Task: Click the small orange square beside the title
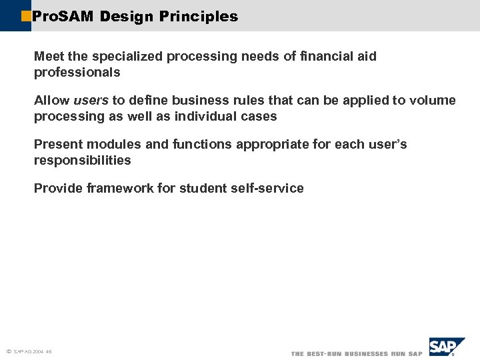[26, 15]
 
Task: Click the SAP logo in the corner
[446, 347]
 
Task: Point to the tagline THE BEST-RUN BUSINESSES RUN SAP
[357, 353]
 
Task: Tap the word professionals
[77, 72]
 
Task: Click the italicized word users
[91, 101]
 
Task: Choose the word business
[199, 101]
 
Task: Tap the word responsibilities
[83, 161]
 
